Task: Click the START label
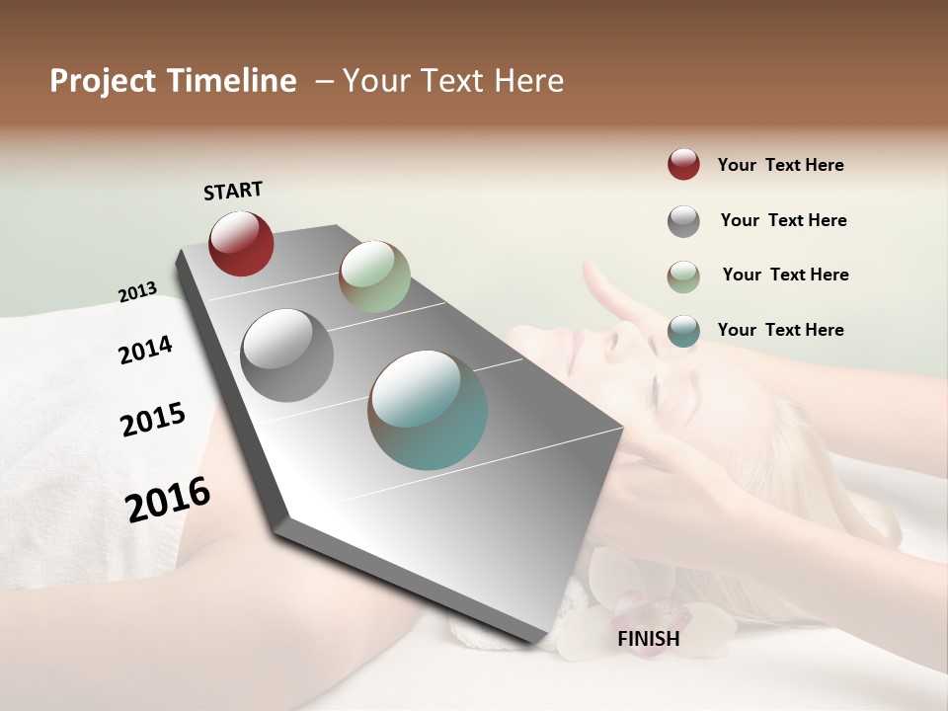coord(233,191)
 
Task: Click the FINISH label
coord(648,639)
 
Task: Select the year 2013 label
coord(137,292)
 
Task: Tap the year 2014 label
coord(145,350)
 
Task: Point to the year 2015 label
coord(153,420)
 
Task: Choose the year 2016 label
coord(168,500)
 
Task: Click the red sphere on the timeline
coord(241,243)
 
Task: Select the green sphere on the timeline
coord(374,276)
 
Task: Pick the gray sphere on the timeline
coord(287,355)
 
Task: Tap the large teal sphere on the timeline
coord(428,410)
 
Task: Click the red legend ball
coord(683,165)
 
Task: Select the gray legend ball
coord(683,221)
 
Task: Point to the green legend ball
coord(683,276)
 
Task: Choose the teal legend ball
coord(683,331)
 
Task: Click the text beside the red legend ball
coord(780,165)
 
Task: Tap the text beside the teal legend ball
coord(780,330)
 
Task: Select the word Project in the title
coord(100,81)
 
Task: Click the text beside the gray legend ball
coord(783,220)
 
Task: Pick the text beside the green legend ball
coord(785,275)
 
